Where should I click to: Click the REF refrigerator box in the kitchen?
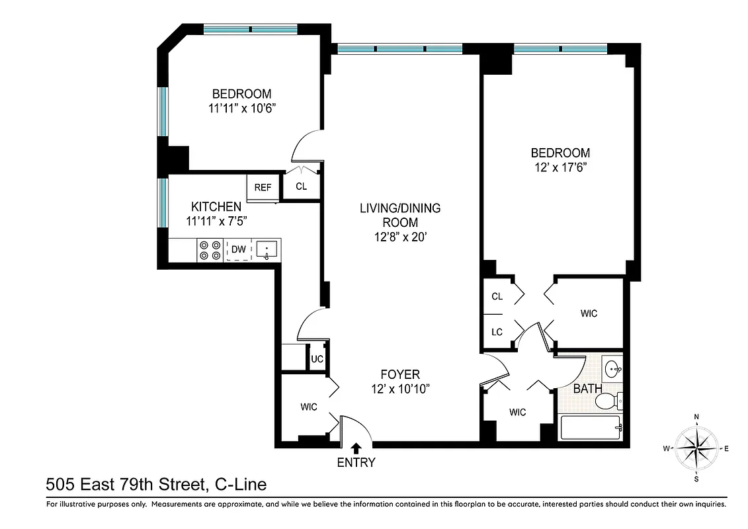pyautogui.click(x=263, y=187)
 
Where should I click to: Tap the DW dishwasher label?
pyautogui.click(x=238, y=249)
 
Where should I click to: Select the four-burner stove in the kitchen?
pyautogui.click(x=210, y=249)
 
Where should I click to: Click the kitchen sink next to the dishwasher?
pyautogui.click(x=267, y=249)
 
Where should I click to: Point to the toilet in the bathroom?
pyautogui.click(x=608, y=401)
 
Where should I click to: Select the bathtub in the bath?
pyautogui.click(x=591, y=428)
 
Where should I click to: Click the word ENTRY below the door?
pyautogui.click(x=356, y=463)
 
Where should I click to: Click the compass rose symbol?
pyautogui.click(x=696, y=448)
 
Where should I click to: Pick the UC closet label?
pyautogui.click(x=317, y=359)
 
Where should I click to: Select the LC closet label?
pyautogui.click(x=497, y=332)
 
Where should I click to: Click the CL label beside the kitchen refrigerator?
pyautogui.click(x=301, y=186)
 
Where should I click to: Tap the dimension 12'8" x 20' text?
pyautogui.click(x=400, y=236)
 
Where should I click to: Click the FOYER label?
pyautogui.click(x=400, y=374)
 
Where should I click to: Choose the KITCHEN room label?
pyautogui.click(x=216, y=206)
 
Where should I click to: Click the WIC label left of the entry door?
pyautogui.click(x=308, y=407)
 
